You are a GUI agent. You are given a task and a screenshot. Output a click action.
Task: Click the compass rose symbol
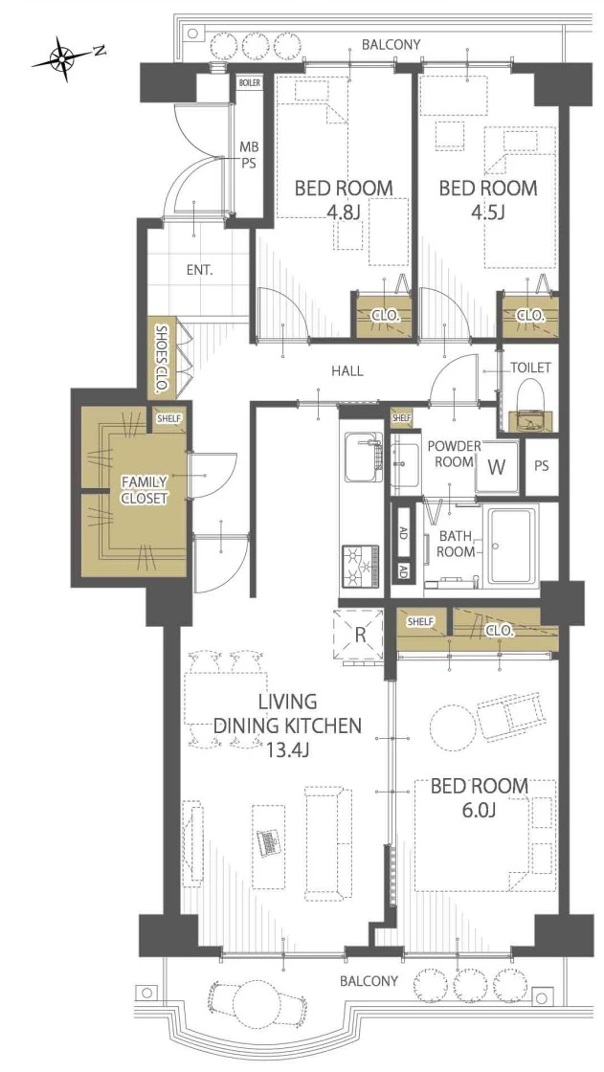click(x=63, y=60)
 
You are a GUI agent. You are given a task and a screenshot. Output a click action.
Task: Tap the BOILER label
click(x=249, y=82)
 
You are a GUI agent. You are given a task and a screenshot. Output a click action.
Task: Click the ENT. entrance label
click(x=199, y=270)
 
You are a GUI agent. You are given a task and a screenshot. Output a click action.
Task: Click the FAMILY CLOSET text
click(x=144, y=490)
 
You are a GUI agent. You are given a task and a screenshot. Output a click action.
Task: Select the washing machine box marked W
click(x=498, y=466)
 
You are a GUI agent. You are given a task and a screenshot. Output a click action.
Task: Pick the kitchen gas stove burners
click(x=360, y=566)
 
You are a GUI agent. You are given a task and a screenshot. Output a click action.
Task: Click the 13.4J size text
click(x=287, y=750)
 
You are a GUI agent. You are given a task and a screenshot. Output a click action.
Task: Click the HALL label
click(x=347, y=371)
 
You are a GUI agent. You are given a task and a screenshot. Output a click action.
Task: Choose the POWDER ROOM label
click(x=455, y=454)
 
